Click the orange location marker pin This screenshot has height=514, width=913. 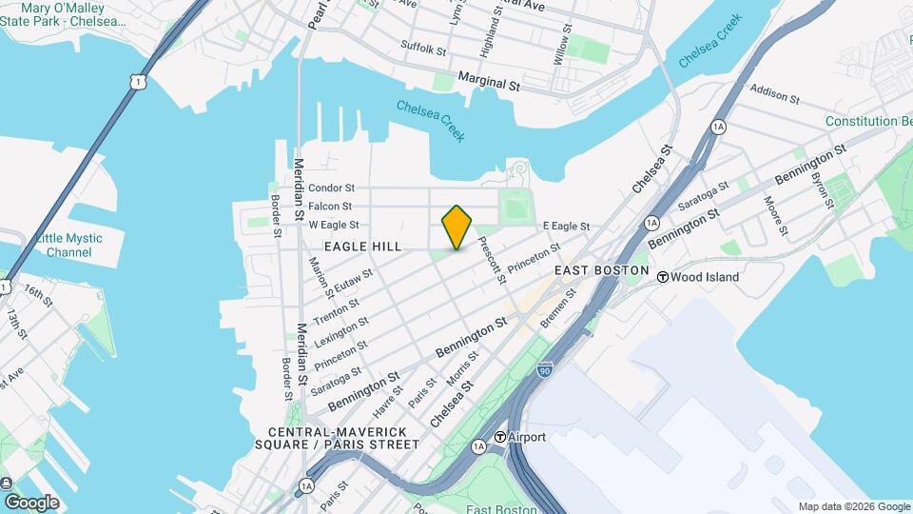tap(457, 227)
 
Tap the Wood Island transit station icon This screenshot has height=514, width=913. tap(662, 277)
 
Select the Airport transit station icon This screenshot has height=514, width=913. tap(500, 437)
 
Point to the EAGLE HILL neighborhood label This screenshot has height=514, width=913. tap(363, 247)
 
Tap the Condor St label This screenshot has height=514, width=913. tap(331, 188)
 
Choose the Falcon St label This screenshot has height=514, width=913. tap(330, 207)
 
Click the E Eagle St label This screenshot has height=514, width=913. tap(566, 227)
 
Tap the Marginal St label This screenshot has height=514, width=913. tap(489, 84)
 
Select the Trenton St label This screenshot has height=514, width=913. tap(337, 308)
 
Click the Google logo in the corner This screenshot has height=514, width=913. tap(31, 502)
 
